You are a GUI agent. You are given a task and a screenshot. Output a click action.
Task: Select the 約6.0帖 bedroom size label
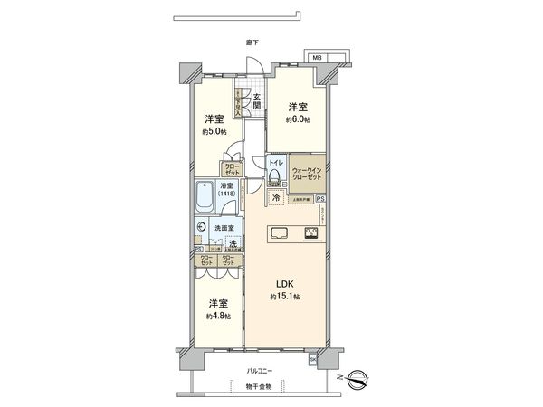point(298,119)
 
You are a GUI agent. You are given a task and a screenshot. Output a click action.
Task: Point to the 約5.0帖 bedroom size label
point(215,131)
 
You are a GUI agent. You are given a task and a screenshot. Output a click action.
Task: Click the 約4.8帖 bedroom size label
point(217,316)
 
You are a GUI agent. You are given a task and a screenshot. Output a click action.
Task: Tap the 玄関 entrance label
point(257,101)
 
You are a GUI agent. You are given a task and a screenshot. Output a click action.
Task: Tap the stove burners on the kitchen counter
point(312,232)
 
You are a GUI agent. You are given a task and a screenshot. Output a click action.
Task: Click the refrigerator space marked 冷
point(275,197)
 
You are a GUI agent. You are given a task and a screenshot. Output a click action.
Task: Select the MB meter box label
point(317,58)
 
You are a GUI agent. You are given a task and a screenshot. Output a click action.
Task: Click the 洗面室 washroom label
point(224,228)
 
